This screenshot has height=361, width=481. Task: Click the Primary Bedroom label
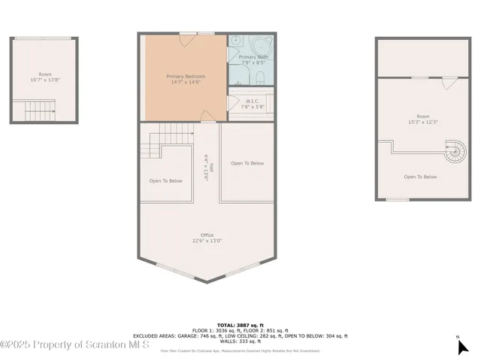tap(185, 76)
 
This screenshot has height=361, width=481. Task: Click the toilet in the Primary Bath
tap(257, 77)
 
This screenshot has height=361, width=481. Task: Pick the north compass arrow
tap(463, 346)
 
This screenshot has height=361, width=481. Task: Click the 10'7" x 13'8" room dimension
tap(45, 79)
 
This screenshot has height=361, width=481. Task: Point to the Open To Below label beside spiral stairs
tap(420, 177)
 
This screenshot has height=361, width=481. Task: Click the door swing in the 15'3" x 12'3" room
tap(449, 82)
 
